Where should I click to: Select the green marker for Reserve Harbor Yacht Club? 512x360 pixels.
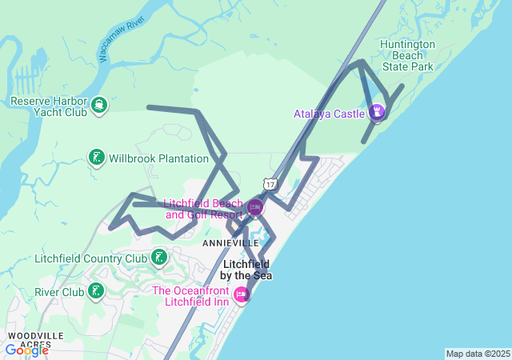coord(99,105)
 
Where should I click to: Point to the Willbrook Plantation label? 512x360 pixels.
coord(158,158)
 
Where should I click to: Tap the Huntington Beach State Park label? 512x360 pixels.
coord(408,55)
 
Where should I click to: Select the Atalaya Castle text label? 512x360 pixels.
coord(328,114)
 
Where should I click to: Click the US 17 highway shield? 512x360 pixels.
coord(271,184)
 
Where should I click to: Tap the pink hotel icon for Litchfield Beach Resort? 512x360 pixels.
coord(255,207)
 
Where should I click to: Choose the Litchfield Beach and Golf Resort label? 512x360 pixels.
coord(203,208)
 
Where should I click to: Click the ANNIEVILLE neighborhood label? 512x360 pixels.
coord(230,242)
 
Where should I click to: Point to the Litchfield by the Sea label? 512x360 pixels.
coord(246,270)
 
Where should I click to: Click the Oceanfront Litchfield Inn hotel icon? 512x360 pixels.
coord(241,295)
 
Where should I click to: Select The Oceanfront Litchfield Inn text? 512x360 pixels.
coord(190,296)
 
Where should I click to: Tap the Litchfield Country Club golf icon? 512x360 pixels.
coord(159,258)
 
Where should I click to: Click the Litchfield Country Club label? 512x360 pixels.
coord(91,258)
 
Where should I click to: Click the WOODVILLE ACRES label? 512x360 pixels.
coord(30,339)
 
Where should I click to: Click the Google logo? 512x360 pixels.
coord(26,350)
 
